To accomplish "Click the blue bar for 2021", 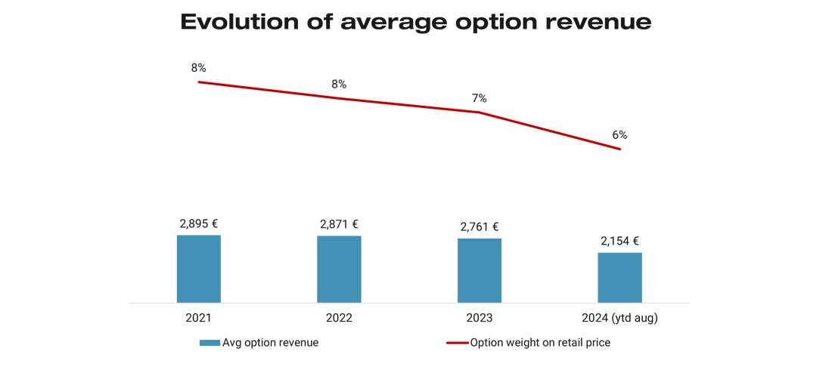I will tap(199, 269).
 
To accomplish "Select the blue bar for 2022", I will tap(339, 269).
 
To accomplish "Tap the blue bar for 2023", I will tap(480, 270).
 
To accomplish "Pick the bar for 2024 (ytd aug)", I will tap(620, 277).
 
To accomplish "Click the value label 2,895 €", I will tap(199, 224).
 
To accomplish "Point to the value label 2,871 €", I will tap(339, 224).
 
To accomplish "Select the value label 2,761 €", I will tap(480, 227).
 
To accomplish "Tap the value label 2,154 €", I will tap(620, 242).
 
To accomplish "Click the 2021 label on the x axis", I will tap(199, 318).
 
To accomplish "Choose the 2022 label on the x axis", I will tap(340, 318).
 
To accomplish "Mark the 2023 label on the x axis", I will tap(480, 318).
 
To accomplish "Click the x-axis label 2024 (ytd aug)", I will tap(620, 318).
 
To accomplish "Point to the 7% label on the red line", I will tap(480, 98).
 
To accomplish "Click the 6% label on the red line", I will tap(619, 135).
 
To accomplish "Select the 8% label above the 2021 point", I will tap(199, 68).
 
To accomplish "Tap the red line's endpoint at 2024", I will tap(620, 150).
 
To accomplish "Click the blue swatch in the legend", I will tap(210, 343).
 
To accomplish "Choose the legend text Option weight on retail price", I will tap(540, 343).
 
